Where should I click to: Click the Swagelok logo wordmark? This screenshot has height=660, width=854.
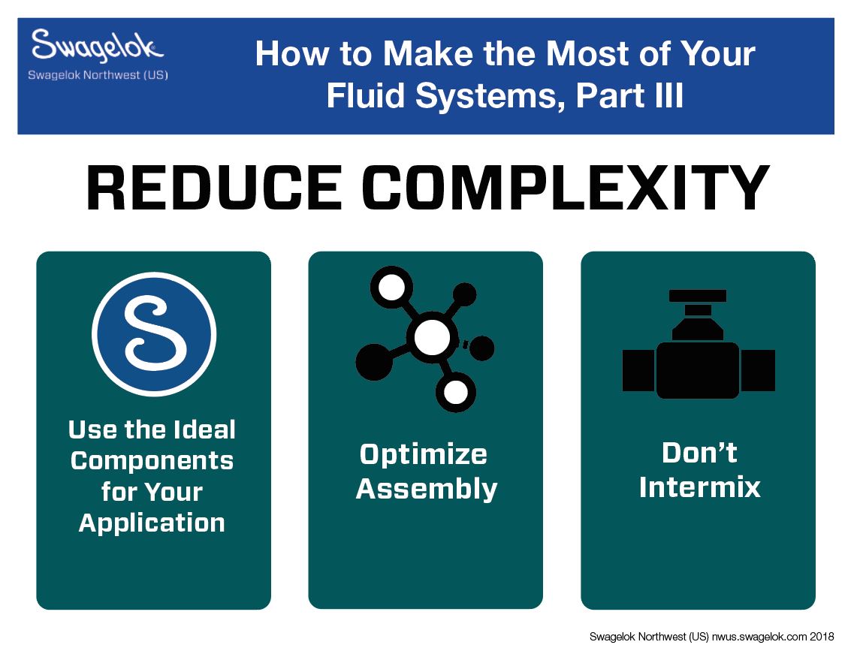(96, 47)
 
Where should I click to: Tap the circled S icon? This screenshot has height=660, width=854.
(154, 333)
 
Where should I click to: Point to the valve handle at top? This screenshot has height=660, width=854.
(698, 296)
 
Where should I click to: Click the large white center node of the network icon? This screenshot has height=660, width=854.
(430, 337)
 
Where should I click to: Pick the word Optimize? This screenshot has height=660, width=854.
(424, 454)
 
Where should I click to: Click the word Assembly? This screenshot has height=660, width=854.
(427, 489)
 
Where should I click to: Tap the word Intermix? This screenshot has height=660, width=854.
(699, 487)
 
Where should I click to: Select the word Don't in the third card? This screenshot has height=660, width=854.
(699, 453)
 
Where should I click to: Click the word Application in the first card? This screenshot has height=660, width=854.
(152, 523)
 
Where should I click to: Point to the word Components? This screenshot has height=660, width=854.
(152, 461)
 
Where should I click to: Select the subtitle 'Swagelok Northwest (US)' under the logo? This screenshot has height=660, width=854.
(98, 75)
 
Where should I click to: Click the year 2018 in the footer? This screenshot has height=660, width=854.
(822, 637)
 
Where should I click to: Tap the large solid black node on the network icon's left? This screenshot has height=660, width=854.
(374, 363)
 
